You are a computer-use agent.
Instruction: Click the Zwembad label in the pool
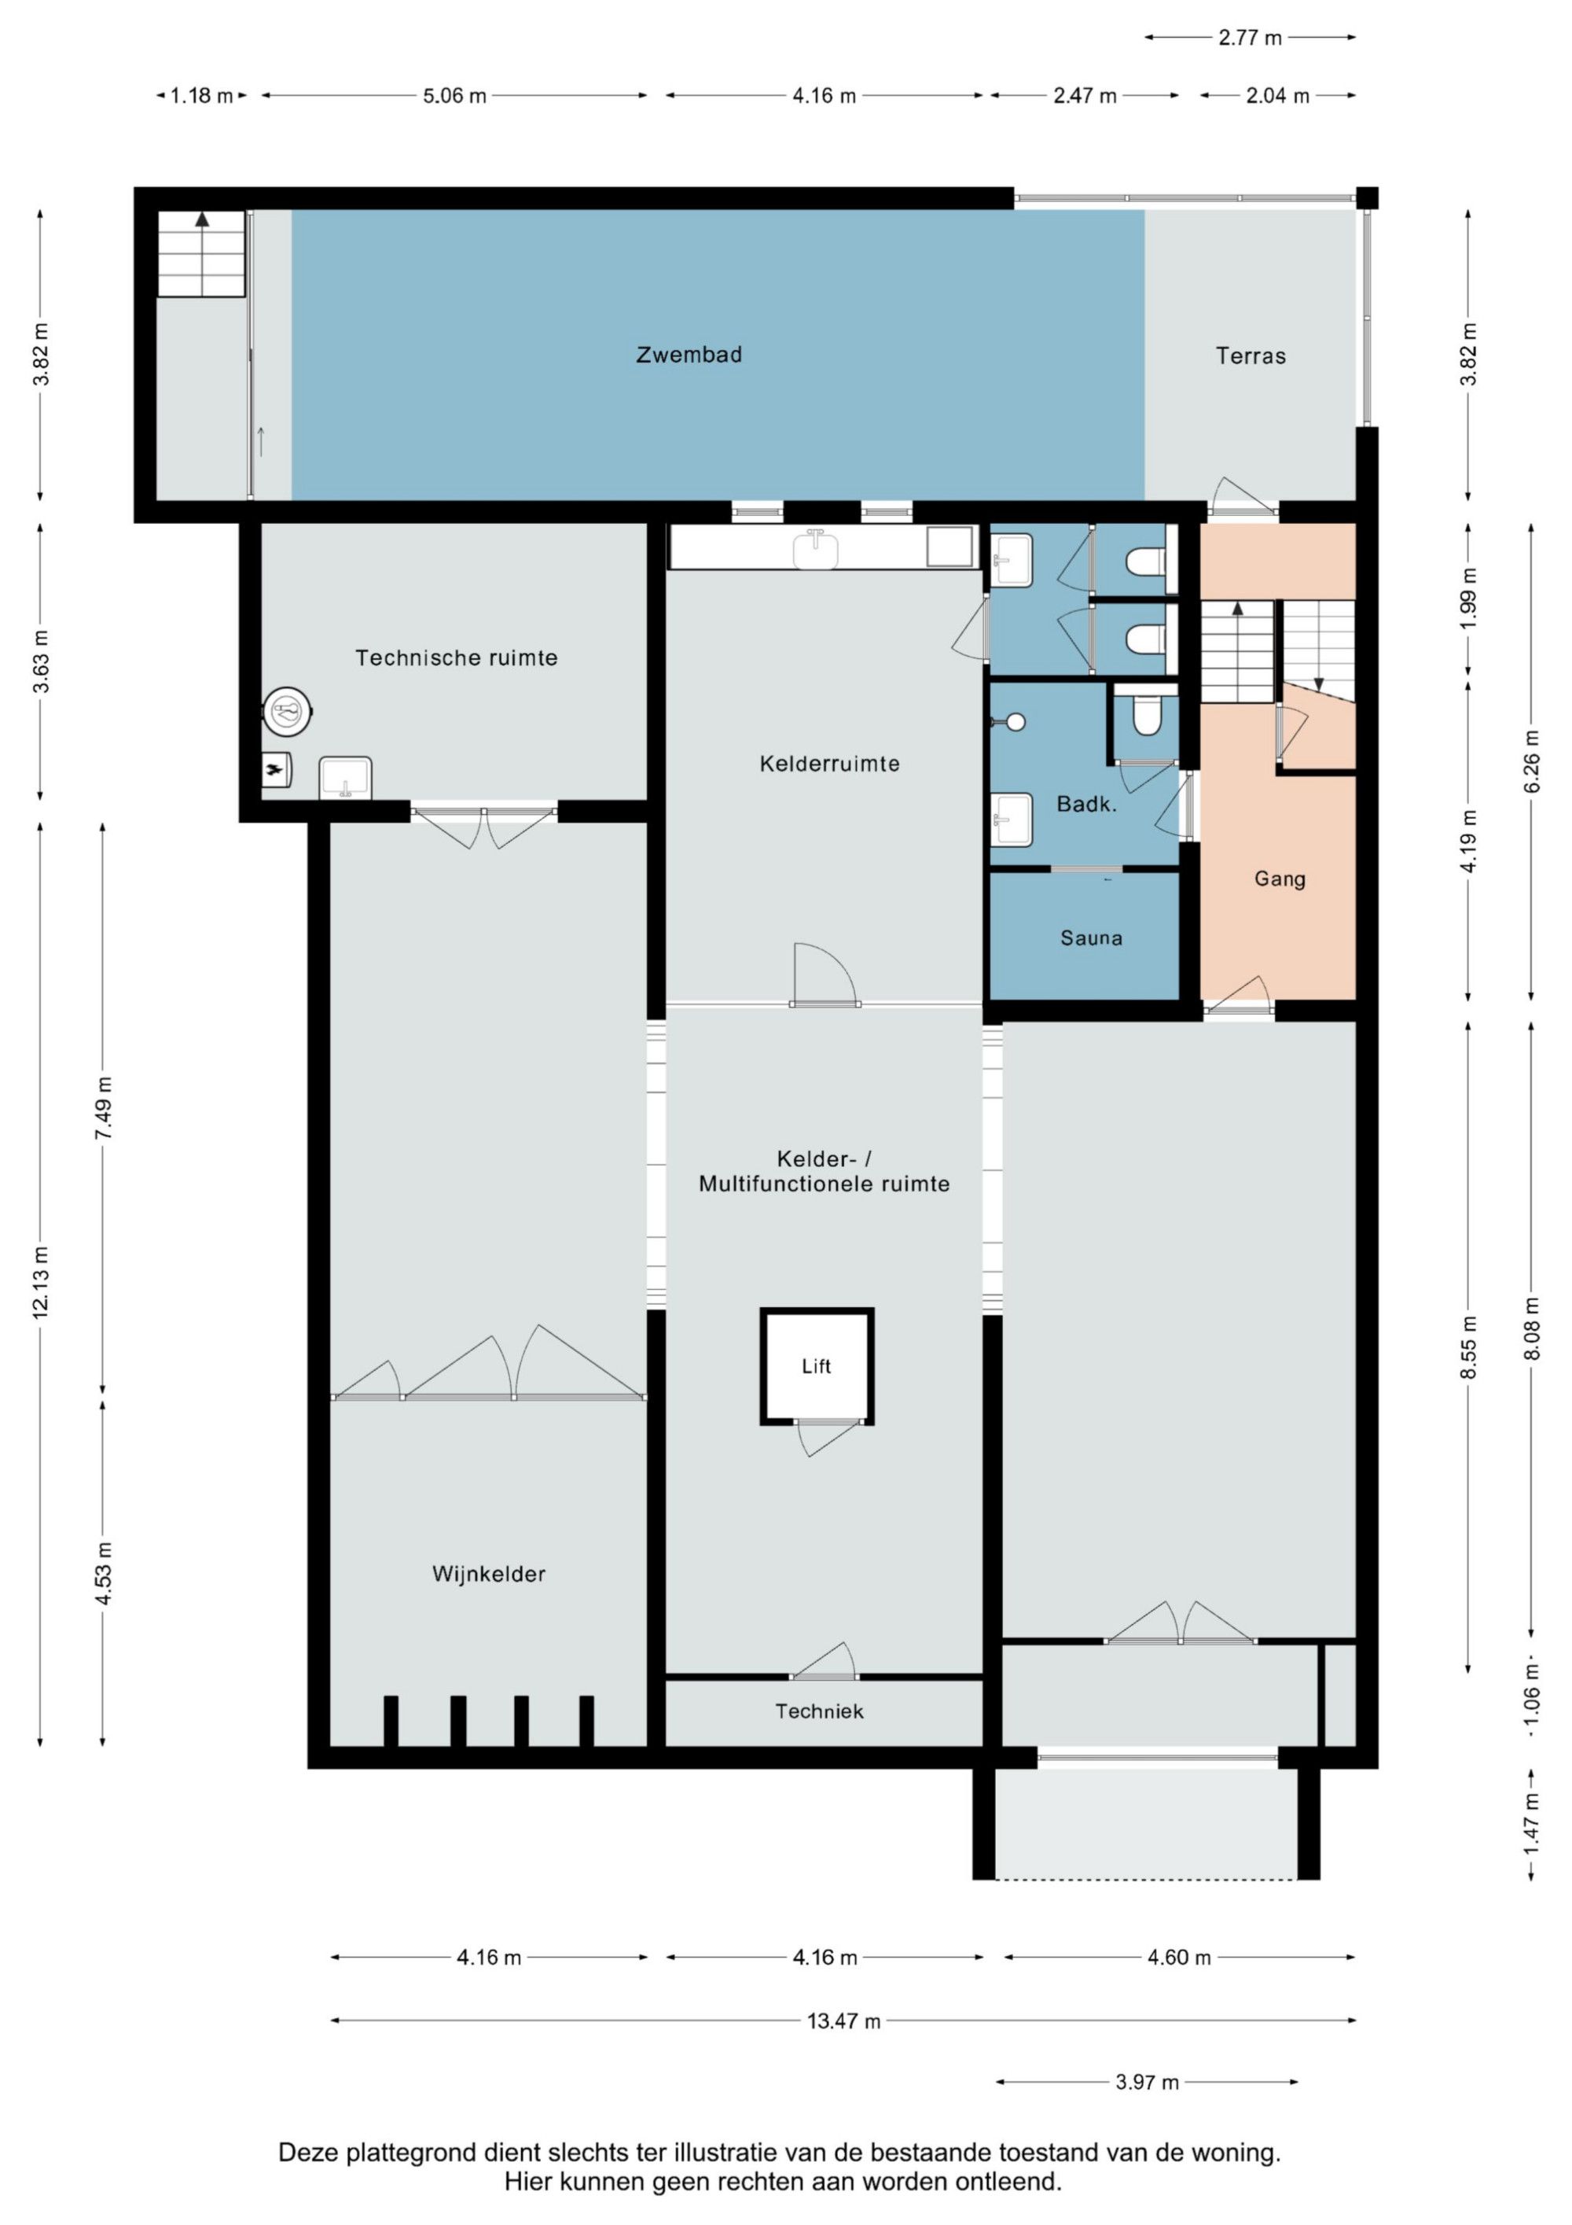click(x=689, y=355)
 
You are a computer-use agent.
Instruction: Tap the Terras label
click(x=1251, y=355)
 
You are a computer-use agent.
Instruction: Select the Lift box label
click(x=816, y=1365)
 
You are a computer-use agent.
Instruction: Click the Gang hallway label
click(x=1280, y=879)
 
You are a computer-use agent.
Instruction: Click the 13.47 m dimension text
click(x=843, y=2021)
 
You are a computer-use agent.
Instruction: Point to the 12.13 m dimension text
click(x=41, y=1282)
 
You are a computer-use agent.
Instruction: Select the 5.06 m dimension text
click(x=454, y=96)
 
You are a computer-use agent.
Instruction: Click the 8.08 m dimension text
click(x=1531, y=1328)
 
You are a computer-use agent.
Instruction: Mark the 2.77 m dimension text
click(x=1250, y=38)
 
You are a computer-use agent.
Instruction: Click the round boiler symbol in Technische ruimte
click(x=288, y=713)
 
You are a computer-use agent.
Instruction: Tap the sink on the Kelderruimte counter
click(x=816, y=550)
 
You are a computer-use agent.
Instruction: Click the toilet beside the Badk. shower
click(x=1147, y=713)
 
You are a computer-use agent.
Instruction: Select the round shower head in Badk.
click(x=1015, y=722)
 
